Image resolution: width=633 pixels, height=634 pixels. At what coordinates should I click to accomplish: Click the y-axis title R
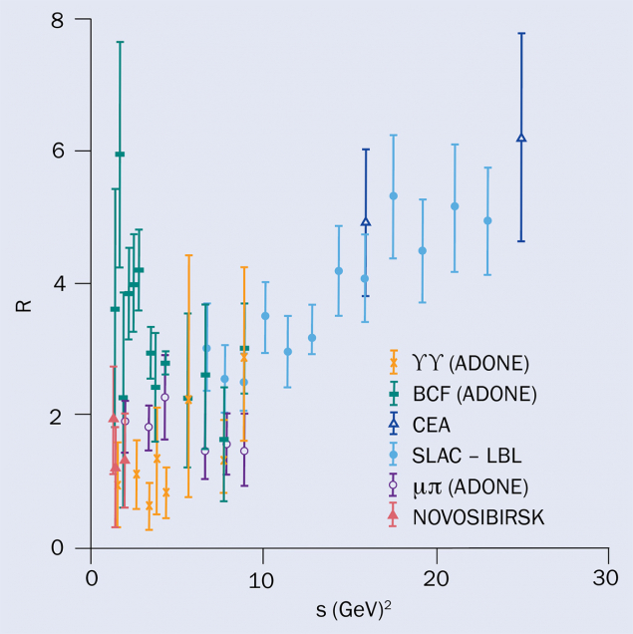(23, 298)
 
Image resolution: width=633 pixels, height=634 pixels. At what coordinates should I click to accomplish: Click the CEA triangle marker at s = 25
(521, 138)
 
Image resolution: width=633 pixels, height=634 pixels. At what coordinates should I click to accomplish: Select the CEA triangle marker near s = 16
(366, 222)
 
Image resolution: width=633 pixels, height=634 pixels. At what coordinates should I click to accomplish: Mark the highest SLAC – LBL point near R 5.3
(393, 196)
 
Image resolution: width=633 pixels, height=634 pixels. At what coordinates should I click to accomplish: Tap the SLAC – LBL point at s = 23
(487, 220)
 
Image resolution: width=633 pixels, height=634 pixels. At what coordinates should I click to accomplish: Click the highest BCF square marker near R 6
(120, 155)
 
